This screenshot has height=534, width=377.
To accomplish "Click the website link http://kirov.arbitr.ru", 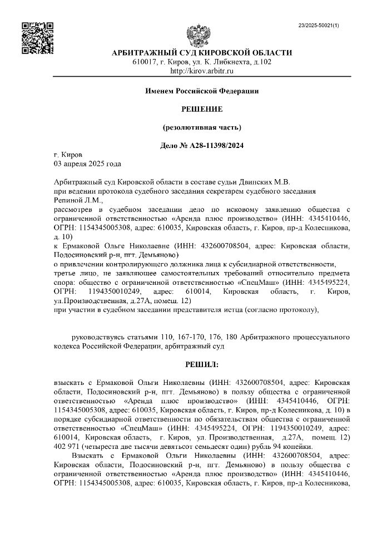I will tap(202, 71).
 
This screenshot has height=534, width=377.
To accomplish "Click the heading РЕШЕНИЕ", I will tap(202, 108).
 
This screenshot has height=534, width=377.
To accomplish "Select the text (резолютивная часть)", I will tap(202, 127).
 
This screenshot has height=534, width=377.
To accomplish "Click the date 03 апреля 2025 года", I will tap(87, 164).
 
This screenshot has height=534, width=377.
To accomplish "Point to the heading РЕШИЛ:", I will tap(202, 365).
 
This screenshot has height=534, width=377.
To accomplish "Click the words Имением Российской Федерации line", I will tap(202, 90).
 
